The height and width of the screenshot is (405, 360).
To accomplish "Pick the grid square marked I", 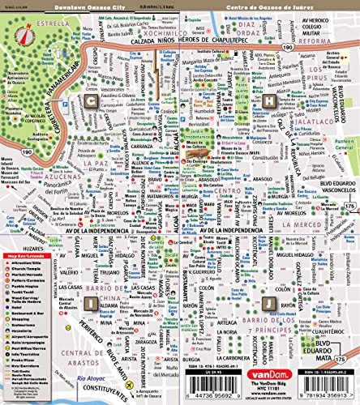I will click(92, 302).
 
